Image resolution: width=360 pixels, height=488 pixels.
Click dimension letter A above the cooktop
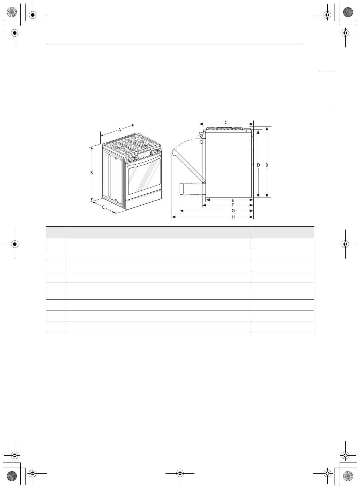(x=120, y=130)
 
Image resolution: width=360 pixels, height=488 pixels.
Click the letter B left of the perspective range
(x=92, y=173)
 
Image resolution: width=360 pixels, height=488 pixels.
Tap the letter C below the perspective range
(x=103, y=207)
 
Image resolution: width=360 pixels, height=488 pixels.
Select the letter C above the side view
(x=226, y=123)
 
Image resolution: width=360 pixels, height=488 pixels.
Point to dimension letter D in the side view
(x=258, y=165)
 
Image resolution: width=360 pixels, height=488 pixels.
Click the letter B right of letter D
(x=267, y=165)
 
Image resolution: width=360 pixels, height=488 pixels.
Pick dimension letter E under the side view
(x=233, y=200)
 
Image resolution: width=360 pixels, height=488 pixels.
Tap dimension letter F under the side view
(x=233, y=205)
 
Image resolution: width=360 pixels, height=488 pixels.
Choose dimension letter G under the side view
(x=233, y=211)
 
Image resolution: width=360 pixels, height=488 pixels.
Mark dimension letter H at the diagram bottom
(x=233, y=217)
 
